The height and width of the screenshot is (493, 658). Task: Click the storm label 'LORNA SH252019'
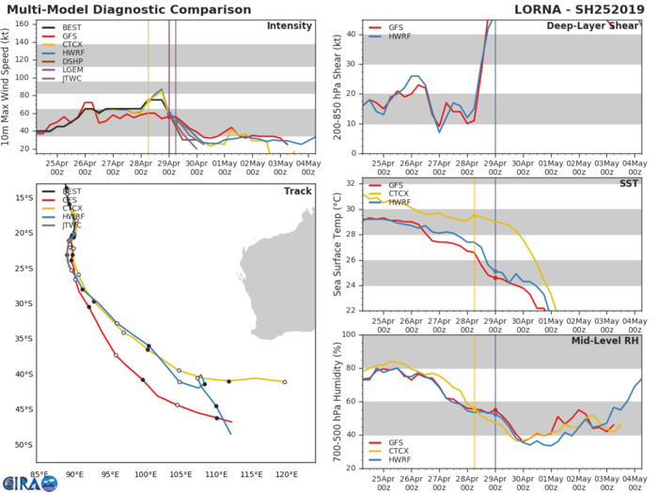pos(591,8)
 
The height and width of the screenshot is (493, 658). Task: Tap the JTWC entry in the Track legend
pos(69,226)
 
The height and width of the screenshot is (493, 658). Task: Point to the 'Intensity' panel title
pos(290,25)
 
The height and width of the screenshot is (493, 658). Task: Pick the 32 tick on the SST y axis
pos(350,182)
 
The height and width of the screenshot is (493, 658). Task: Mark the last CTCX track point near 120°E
pos(285,382)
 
